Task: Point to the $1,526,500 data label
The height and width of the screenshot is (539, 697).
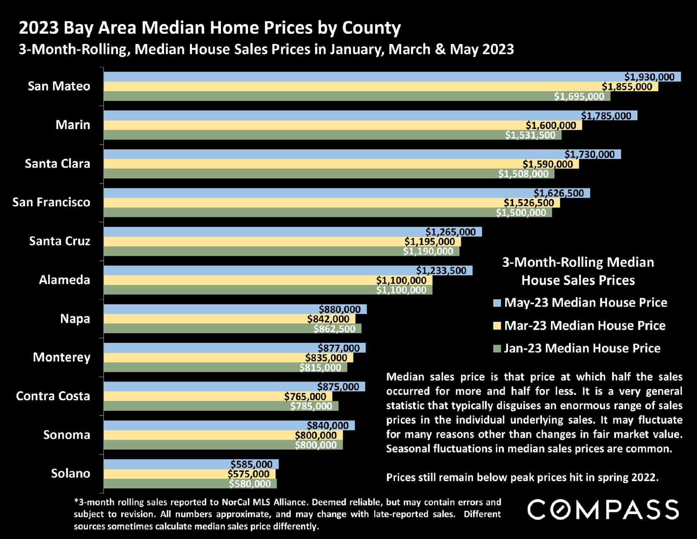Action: tap(528, 203)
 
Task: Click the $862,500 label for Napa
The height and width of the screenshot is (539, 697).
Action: tap(334, 328)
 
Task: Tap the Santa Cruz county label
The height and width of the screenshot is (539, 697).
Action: tap(60, 241)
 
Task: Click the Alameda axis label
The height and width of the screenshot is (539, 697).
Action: tap(64, 280)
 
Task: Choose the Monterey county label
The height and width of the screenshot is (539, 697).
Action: tap(61, 357)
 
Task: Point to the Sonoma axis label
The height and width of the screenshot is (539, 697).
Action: tap(66, 435)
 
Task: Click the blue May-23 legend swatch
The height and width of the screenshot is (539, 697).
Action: tap(497, 303)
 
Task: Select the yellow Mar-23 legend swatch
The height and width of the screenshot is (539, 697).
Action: tap(497, 326)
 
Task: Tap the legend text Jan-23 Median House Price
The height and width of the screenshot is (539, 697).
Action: tap(582, 348)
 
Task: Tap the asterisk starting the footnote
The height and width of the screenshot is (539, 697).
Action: tap(76, 502)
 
